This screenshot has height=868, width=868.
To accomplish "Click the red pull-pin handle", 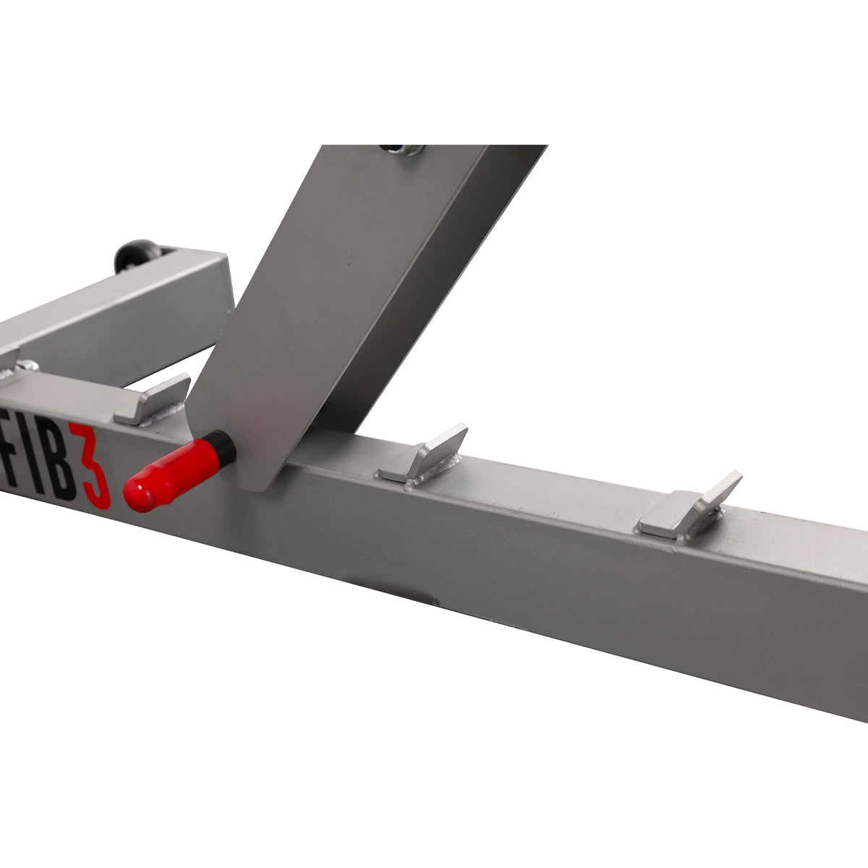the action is [x=171, y=473].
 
